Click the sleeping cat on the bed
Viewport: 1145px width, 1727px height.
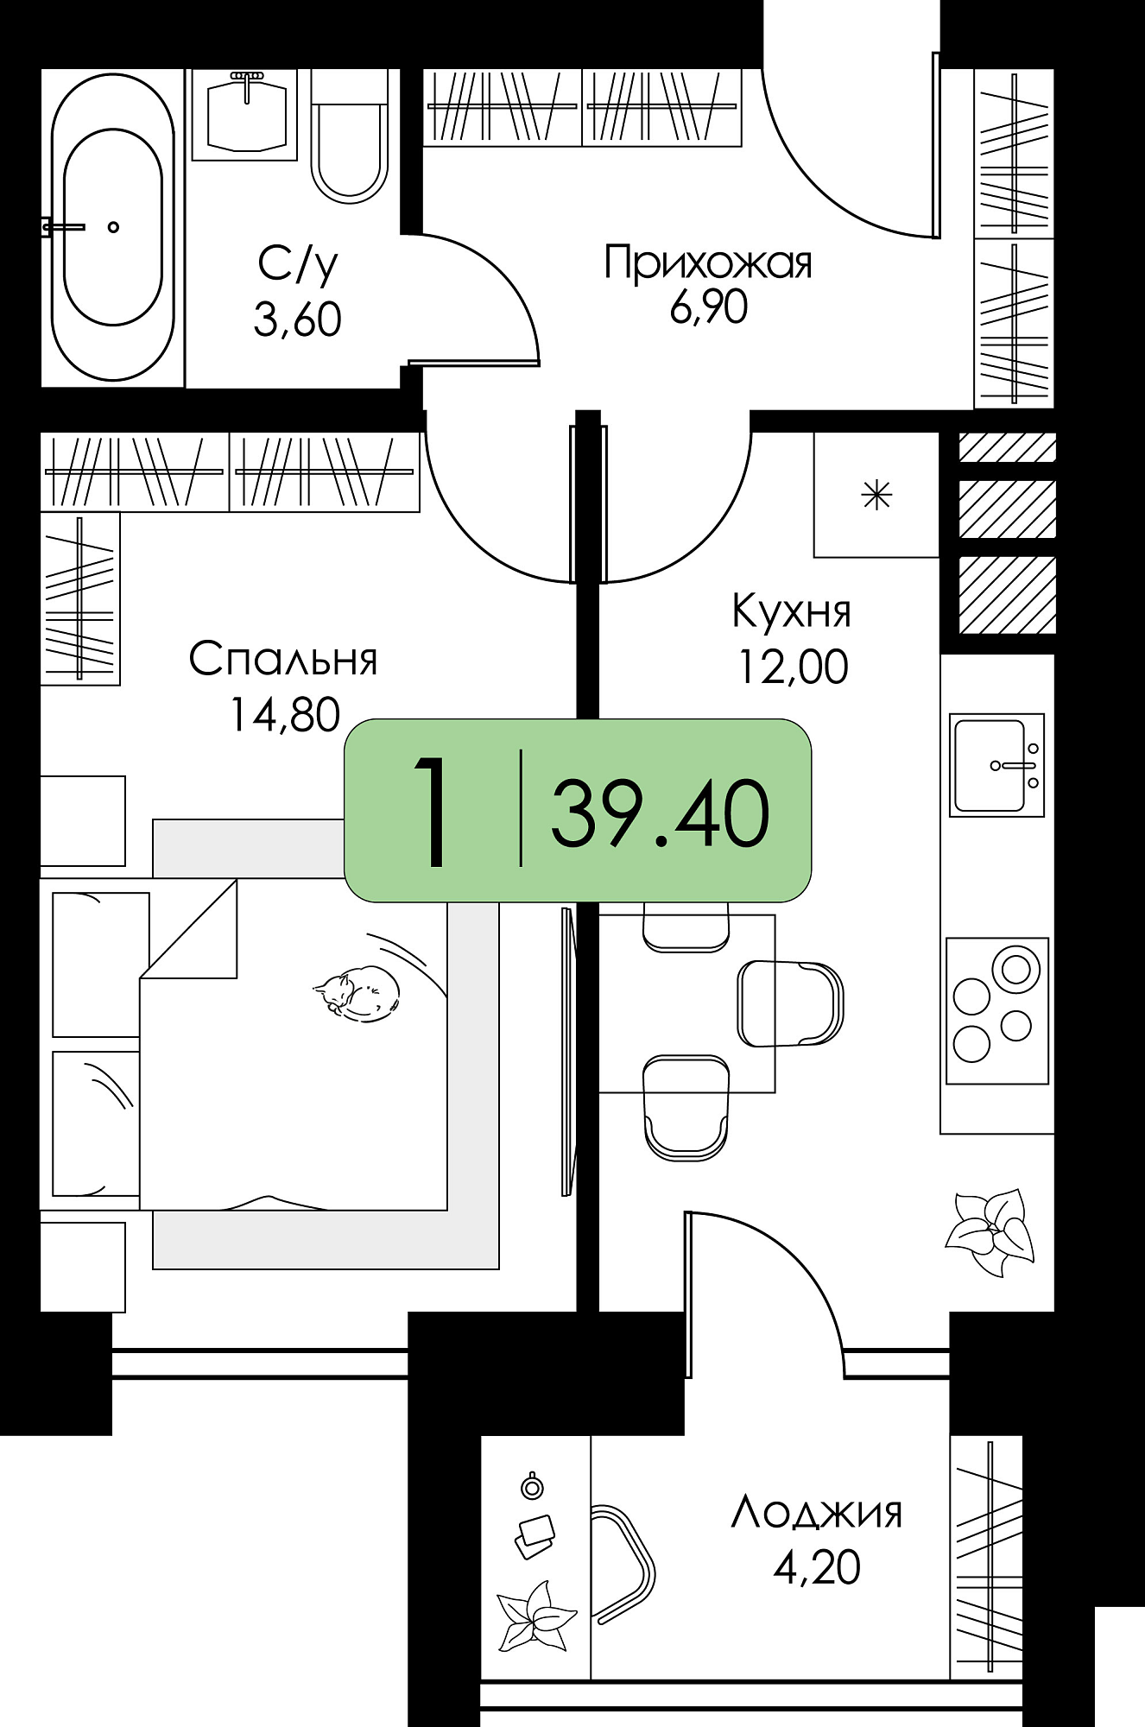tap(357, 990)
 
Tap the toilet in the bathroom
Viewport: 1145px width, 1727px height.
tap(350, 136)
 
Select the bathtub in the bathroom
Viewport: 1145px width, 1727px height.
tap(113, 226)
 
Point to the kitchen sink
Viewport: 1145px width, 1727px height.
tap(996, 765)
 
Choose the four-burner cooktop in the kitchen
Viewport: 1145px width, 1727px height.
tap(996, 1011)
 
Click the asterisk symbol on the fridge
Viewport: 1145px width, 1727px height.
tap(876, 496)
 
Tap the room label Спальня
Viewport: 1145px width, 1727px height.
tap(283, 660)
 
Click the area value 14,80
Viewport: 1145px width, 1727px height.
tap(285, 715)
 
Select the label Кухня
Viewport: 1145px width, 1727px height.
tap(792, 611)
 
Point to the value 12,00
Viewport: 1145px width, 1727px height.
tap(793, 667)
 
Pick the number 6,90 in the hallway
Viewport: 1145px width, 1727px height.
tap(708, 307)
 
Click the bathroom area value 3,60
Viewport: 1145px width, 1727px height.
tap(298, 319)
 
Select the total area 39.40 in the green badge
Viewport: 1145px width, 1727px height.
tap(660, 813)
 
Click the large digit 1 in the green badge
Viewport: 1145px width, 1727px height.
tap(432, 812)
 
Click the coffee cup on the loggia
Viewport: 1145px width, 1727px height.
tap(532, 1484)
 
